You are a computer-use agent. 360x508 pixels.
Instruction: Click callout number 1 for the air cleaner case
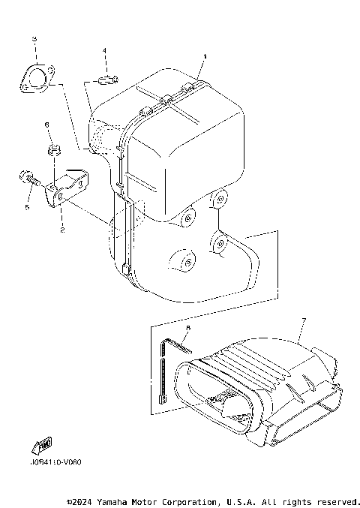(204, 56)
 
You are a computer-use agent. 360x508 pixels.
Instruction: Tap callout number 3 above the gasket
(34, 38)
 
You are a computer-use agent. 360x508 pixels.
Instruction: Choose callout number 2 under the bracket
(62, 230)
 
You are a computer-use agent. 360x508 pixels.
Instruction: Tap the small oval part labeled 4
(106, 78)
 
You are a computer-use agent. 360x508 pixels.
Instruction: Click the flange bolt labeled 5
(27, 180)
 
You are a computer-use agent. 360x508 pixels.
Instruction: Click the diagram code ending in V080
(56, 461)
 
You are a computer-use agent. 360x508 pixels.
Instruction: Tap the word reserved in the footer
(337, 501)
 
